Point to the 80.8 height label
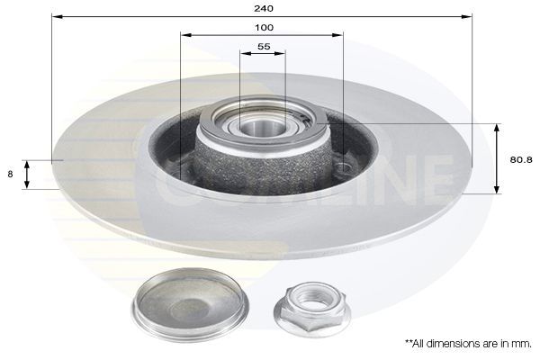521,160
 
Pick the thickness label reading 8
11,175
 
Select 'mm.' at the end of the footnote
522,343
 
